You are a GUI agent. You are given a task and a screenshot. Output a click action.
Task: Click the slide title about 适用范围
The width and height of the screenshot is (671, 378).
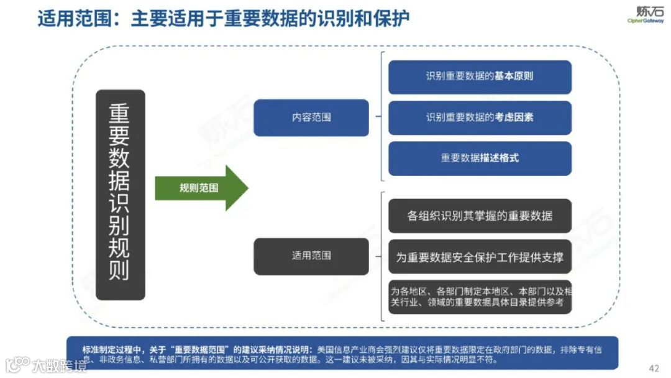click(x=224, y=19)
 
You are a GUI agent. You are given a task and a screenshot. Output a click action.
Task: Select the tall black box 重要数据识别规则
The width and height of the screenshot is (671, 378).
click(x=121, y=195)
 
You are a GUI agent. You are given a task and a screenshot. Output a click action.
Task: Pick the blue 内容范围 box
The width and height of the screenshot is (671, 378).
click(x=311, y=117)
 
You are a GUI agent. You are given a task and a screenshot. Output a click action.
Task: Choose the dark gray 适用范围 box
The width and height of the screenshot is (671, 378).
click(x=311, y=256)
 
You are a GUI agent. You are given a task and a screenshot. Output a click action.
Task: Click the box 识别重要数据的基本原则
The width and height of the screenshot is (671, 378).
click(x=480, y=76)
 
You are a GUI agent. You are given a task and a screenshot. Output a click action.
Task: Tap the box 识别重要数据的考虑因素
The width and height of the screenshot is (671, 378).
click(x=480, y=118)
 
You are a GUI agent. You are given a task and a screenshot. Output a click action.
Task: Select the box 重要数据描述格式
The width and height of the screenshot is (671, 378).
click(x=480, y=158)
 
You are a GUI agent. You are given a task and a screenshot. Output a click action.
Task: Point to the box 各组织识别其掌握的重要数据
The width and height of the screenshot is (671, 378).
click(x=480, y=216)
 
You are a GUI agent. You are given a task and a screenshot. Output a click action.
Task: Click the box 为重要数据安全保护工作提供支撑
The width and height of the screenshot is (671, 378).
click(x=480, y=257)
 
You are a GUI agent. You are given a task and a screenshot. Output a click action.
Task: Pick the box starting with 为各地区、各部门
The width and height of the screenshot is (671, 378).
click(x=480, y=297)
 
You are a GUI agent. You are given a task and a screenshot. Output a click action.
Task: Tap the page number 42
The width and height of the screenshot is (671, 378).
click(x=654, y=367)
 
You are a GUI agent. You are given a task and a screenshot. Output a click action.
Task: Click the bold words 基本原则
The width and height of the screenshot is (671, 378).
click(x=514, y=76)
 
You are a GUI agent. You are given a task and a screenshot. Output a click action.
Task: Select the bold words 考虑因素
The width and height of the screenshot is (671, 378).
click(x=514, y=118)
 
